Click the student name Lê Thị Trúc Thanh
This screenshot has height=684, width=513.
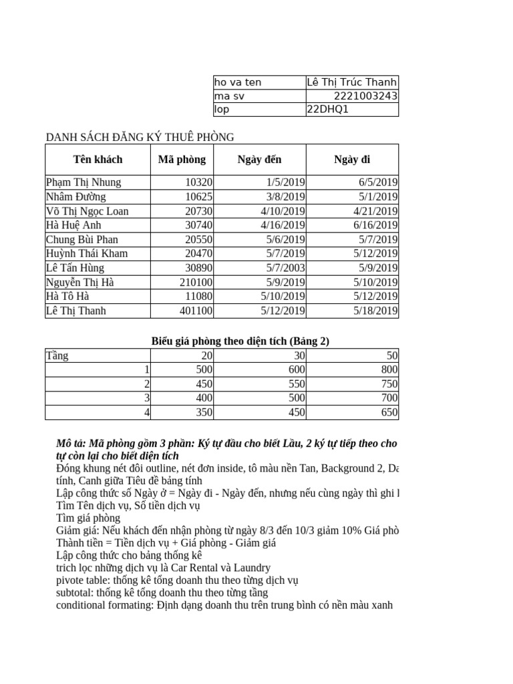[351, 82]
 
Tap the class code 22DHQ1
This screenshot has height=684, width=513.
[327, 110]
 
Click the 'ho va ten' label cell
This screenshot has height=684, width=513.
[238, 82]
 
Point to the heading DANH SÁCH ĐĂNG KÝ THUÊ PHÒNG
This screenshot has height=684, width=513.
[140, 137]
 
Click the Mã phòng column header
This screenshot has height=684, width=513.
[182, 159]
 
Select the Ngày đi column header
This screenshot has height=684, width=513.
[352, 159]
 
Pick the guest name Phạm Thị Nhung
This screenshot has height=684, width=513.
[83, 182]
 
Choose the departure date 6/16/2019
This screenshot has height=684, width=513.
[375, 225]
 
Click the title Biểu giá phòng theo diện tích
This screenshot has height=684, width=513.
[240, 341]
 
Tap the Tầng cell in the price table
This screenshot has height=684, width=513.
[57, 355]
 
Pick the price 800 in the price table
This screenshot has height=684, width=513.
[389, 370]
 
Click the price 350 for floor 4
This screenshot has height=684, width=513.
[204, 413]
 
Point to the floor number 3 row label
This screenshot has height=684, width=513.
[147, 399]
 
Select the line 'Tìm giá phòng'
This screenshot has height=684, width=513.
[88, 518]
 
